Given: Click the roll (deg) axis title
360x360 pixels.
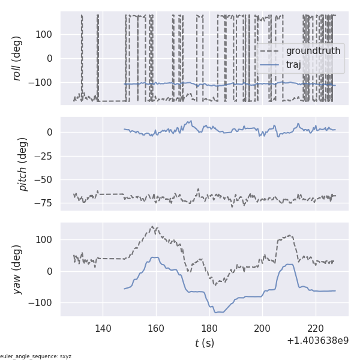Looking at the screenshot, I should (17, 58).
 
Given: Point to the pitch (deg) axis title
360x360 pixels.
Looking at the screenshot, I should (23, 164).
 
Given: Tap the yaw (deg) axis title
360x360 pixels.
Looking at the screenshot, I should (17, 269).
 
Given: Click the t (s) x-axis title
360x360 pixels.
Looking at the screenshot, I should (204, 343).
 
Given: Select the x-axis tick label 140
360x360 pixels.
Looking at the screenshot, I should (103, 328).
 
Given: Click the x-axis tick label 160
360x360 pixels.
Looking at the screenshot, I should (156, 328).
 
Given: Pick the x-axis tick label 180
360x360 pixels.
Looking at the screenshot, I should (209, 328).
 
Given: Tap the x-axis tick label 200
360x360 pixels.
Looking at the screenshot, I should (263, 328).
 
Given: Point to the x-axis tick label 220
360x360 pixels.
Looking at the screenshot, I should (316, 328).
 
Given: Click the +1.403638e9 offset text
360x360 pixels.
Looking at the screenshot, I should (317, 341).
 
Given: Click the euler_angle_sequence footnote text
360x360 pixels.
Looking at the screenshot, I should (36, 356).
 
